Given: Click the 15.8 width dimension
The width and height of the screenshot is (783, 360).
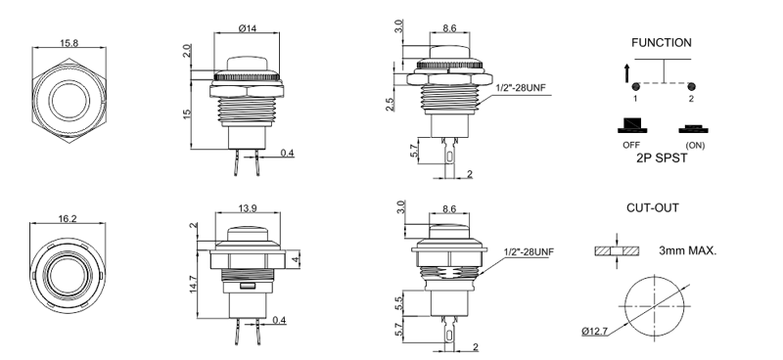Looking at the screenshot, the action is pos(69,43).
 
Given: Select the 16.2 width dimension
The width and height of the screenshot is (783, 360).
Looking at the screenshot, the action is pos(68,219).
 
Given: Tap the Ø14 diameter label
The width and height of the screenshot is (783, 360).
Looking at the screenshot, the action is pos(248,28).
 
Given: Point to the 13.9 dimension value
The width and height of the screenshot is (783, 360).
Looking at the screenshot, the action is pos(248,207).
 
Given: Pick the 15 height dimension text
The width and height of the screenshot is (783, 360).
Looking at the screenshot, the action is pos(187,113).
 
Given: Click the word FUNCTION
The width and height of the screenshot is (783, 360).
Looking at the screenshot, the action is pos(662,43).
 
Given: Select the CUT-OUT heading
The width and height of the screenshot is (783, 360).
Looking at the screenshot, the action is pos(653,207).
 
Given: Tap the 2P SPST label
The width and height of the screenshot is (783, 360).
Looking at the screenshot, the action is pos(662,158).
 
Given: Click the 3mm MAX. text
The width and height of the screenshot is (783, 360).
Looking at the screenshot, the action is pos(688,250).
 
